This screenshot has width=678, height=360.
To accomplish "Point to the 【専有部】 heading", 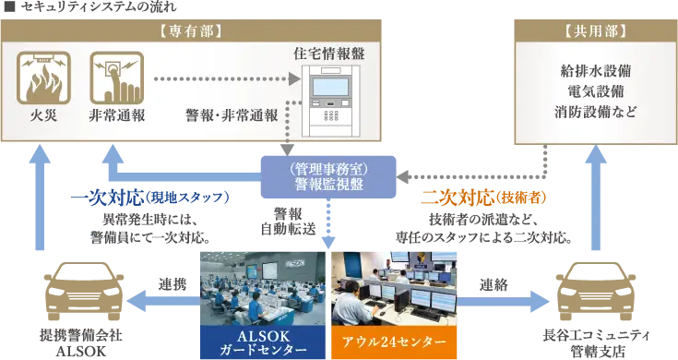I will point(189,30).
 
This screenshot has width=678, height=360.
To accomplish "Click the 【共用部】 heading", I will point(595,30).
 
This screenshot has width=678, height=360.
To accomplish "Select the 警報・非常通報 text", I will point(230,117).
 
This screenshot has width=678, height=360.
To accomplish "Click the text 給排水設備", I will point(595,71).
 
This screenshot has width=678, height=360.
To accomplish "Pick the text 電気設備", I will point(595,91).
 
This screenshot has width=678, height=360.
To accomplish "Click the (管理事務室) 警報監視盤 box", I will point(328,175).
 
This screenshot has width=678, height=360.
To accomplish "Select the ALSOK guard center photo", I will point(262,287).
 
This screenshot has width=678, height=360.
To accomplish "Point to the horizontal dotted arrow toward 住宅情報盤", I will point(226,80).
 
